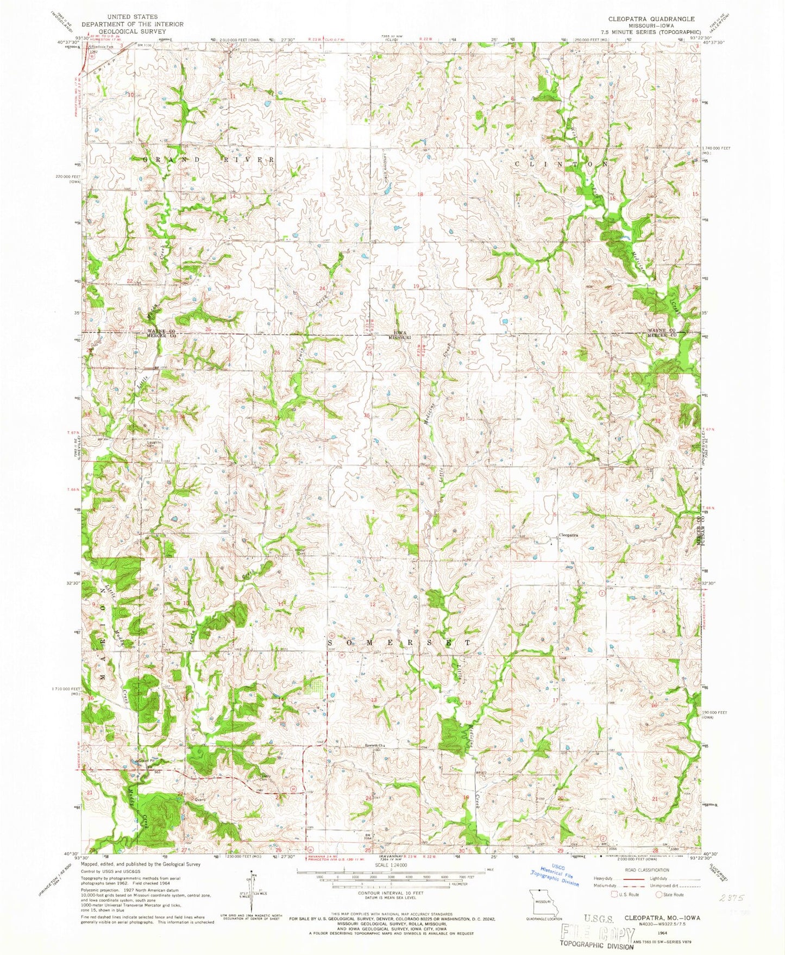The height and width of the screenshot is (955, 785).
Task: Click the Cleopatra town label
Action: (568, 535)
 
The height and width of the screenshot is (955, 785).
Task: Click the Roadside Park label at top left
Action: (102, 47)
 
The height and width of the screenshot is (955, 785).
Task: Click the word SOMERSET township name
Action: (399, 642)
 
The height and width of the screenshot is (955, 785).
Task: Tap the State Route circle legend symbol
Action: (658, 894)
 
